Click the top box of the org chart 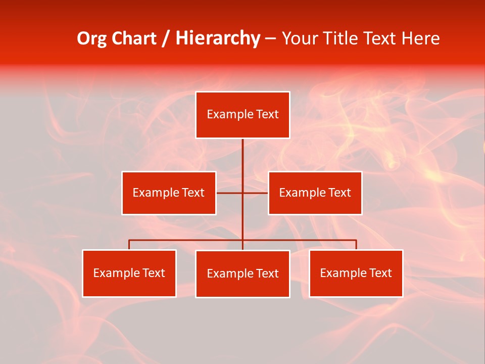[x=243, y=115]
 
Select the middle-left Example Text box [x=169, y=193]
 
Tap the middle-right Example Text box [x=315, y=193]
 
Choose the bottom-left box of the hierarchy [x=129, y=273]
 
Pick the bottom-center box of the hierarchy [x=243, y=274]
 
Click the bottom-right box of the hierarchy [x=356, y=273]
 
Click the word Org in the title [x=91, y=38]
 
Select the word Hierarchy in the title [x=218, y=38]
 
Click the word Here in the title [x=420, y=38]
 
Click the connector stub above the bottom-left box [x=129, y=245]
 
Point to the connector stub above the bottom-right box [x=356, y=245]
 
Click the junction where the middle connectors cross [x=243, y=193]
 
